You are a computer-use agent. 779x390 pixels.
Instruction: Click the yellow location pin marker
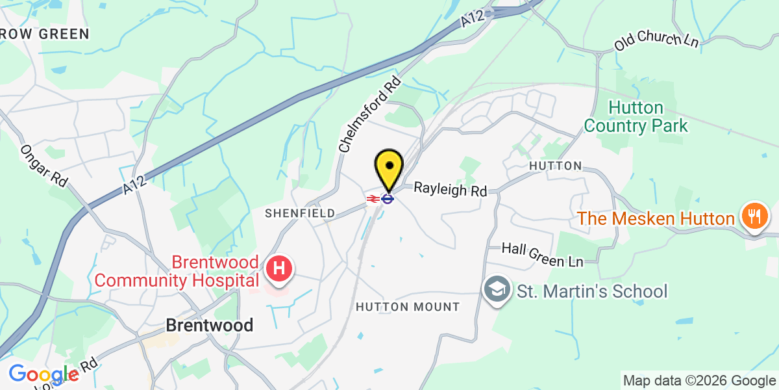click(388, 167)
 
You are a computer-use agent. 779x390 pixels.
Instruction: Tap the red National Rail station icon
click(373, 199)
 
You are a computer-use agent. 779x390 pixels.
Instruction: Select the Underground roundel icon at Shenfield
click(388, 199)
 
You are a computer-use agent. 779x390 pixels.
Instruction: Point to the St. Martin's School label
click(591, 291)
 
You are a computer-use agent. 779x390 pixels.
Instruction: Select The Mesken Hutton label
click(656, 218)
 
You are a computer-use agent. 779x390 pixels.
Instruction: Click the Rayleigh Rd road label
click(451, 190)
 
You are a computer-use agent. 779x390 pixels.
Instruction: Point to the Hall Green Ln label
click(543, 255)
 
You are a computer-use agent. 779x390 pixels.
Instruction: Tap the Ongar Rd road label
click(44, 166)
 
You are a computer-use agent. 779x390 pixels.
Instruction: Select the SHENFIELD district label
click(300, 213)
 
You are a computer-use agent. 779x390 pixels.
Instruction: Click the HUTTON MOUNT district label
click(408, 307)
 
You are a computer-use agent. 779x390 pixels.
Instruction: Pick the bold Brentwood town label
click(209, 325)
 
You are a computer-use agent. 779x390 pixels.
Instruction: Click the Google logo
click(43, 374)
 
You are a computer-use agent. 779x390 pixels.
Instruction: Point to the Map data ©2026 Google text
click(699, 381)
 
